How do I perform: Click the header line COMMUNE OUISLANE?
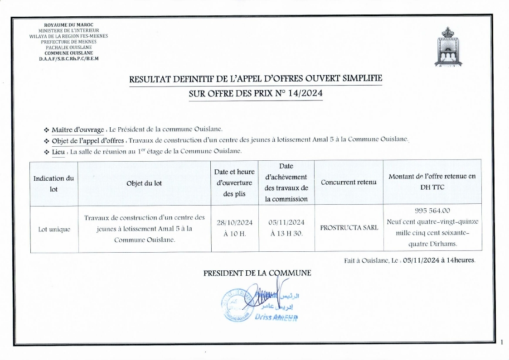(68, 53)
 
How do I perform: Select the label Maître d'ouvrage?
(78, 130)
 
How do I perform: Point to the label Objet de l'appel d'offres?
(87, 140)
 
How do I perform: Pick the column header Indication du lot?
(53, 183)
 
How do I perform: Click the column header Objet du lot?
(144, 183)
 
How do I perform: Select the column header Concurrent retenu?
(349, 182)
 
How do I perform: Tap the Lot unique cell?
(53, 229)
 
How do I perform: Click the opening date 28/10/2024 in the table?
(235, 222)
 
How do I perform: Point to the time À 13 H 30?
(286, 234)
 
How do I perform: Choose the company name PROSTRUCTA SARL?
(349, 228)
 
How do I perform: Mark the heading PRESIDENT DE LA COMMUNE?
(257, 273)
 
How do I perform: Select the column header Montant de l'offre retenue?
(432, 181)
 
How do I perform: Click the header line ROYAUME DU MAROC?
(68, 24)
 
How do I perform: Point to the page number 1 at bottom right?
(502, 343)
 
